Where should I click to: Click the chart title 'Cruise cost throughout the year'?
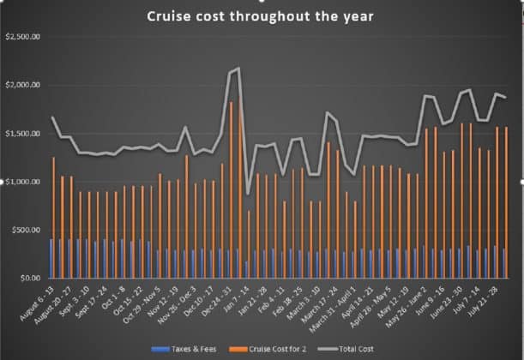tap(265, 16)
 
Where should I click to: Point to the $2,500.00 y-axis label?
tap(23, 37)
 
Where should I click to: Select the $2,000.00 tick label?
tap(23, 85)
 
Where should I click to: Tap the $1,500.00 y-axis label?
tap(23, 134)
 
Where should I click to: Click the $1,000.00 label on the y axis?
tap(23, 182)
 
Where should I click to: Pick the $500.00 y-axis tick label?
tap(27, 231)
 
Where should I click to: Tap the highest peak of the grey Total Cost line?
tap(238, 69)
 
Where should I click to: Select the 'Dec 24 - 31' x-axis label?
tap(214, 301)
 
